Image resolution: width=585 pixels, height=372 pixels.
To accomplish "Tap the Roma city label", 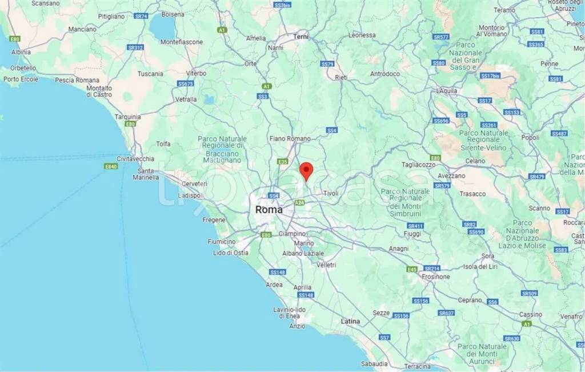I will (x=269, y=210).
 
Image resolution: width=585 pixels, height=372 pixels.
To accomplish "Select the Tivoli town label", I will (x=331, y=193).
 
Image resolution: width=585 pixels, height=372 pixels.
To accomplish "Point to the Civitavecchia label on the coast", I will (x=135, y=158).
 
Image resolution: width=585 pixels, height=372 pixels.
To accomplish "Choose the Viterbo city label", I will (x=196, y=73).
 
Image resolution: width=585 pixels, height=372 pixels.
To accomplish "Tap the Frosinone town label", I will (x=436, y=276).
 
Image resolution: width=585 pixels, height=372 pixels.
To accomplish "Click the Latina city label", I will (x=350, y=321).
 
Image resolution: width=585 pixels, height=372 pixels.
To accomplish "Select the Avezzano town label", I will (x=452, y=175).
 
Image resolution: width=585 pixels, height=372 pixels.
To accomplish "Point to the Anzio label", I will (x=297, y=326).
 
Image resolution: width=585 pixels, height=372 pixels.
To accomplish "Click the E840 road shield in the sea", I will (x=111, y=166).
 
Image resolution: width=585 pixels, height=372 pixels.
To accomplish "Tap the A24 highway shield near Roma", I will (x=299, y=202).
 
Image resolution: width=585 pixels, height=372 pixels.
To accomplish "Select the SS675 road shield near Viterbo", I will (x=186, y=83).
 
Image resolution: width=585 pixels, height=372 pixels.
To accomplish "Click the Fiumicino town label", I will (x=222, y=242).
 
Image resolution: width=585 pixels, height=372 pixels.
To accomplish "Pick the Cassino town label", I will (x=530, y=314).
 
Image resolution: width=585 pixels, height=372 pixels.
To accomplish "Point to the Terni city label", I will (x=300, y=37).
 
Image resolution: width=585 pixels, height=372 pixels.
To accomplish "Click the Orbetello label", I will (x=21, y=67).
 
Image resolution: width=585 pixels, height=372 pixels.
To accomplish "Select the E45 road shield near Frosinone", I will (x=412, y=269).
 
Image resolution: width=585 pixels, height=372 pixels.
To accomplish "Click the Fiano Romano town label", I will (x=290, y=138).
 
